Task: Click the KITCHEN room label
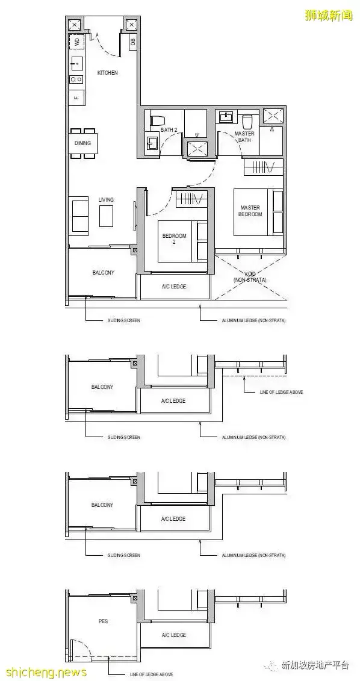[x=107, y=73]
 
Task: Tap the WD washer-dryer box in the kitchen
[x=76, y=42]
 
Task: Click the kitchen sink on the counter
[x=76, y=62]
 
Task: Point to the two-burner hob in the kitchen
[x=76, y=79]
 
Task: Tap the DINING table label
[x=82, y=143]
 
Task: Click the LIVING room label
[x=106, y=199]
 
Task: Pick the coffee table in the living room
[x=106, y=216]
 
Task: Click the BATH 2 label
[x=168, y=130]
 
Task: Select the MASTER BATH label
[x=244, y=137]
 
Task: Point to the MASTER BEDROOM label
[x=250, y=211]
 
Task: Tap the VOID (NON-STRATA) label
[x=250, y=276]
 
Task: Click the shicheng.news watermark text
[x=44, y=672]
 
